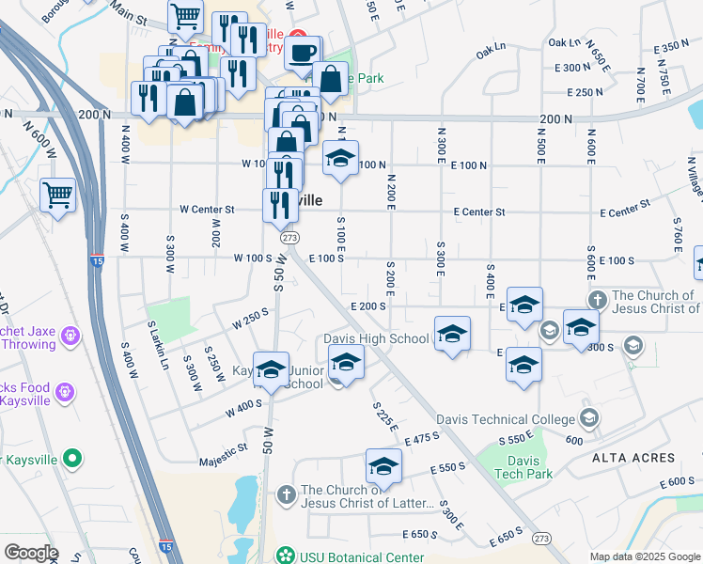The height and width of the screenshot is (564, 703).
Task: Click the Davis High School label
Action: click(x=376, y=338)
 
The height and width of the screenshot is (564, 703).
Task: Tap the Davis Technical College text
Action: click(x=506, y=419)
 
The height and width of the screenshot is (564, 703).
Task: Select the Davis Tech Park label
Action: click(x=523, y=467)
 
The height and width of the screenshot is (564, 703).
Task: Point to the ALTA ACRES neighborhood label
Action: click(x=633, y=458)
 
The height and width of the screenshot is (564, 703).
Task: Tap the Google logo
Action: click(x=31, y=552)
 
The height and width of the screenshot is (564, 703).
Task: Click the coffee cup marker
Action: click(x=302, y=54)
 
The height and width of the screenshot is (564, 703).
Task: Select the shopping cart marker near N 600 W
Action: click(x=58, y=196)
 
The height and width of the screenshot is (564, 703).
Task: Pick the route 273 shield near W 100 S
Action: click(x=289, y=239)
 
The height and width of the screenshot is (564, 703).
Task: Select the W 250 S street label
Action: click(x=250, y=320)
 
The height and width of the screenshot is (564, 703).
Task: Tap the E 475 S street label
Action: click(x=422, y=439)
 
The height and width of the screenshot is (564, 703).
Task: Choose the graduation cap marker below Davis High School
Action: click(x=346, y=362)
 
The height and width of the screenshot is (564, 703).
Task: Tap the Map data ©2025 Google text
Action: click(x=645, y=556)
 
